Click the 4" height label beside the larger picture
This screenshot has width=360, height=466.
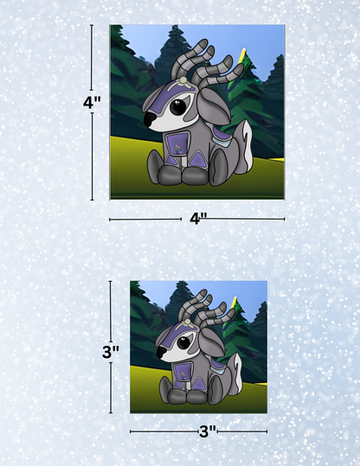[x=92, y=103]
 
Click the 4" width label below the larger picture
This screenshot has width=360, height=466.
[x=198, y=219]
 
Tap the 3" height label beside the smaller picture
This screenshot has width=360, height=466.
[x=111, y=352]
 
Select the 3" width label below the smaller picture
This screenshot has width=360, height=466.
[x=208, y=431]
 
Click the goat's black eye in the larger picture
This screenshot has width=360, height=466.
[x=179, y=106]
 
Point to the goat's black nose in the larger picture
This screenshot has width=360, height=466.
[x=150, y=119]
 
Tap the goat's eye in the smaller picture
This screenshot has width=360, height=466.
[x=183, y=343]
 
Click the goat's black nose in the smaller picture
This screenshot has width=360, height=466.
[x=161, y=353]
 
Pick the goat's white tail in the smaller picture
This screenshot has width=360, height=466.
[x=237, y=372]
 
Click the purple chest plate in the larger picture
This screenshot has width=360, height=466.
[x=177, y=144]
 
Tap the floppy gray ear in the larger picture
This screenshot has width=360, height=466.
[x=215, y=106]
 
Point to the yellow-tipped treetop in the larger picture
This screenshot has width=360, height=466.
[x=244, y=53]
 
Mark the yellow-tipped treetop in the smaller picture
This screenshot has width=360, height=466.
[x=235, y=301]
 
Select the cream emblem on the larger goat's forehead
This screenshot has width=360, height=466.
[x=182, y=83]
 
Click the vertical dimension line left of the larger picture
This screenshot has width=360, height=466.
[x=92, y=112]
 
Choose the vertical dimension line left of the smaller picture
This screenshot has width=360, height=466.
[x=111, y=347]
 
